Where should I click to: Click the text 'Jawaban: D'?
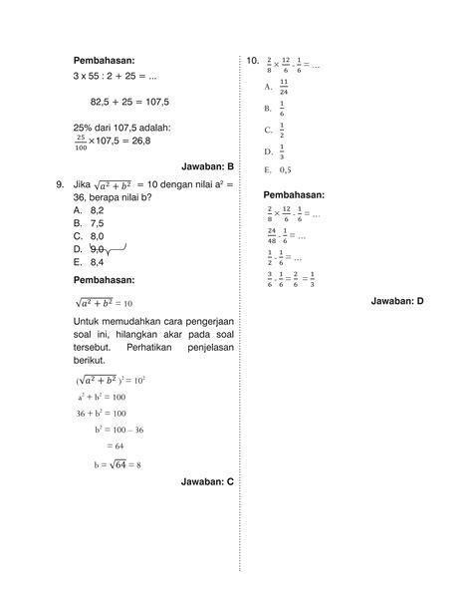[397, 299]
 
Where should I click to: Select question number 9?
[61, 184]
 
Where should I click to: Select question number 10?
[252, 63]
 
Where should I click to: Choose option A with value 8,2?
[90, 210]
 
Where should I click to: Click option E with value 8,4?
[90, 262]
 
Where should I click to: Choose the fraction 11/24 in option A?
[284, 88]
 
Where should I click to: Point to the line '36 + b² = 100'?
[100, 413]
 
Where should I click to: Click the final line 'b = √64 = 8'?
[118, 463]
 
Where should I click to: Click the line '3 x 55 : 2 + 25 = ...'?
[120, 76]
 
